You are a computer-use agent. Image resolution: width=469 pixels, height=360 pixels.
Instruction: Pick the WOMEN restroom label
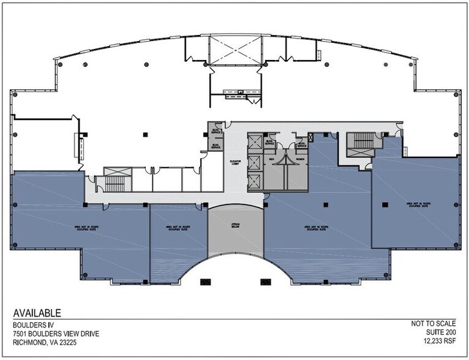point(301,159)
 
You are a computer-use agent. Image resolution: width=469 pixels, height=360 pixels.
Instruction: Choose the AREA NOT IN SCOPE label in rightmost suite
point(416,204)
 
